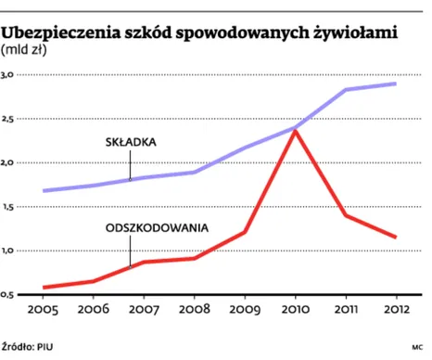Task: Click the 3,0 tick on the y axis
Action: coord(9,74)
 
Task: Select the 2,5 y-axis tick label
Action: coord(9,119)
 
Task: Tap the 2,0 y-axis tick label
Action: coord(9,162)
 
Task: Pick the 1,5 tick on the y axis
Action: coord(9,207)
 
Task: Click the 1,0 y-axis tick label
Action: coord(9,251)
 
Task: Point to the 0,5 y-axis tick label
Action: coord(9,295)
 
